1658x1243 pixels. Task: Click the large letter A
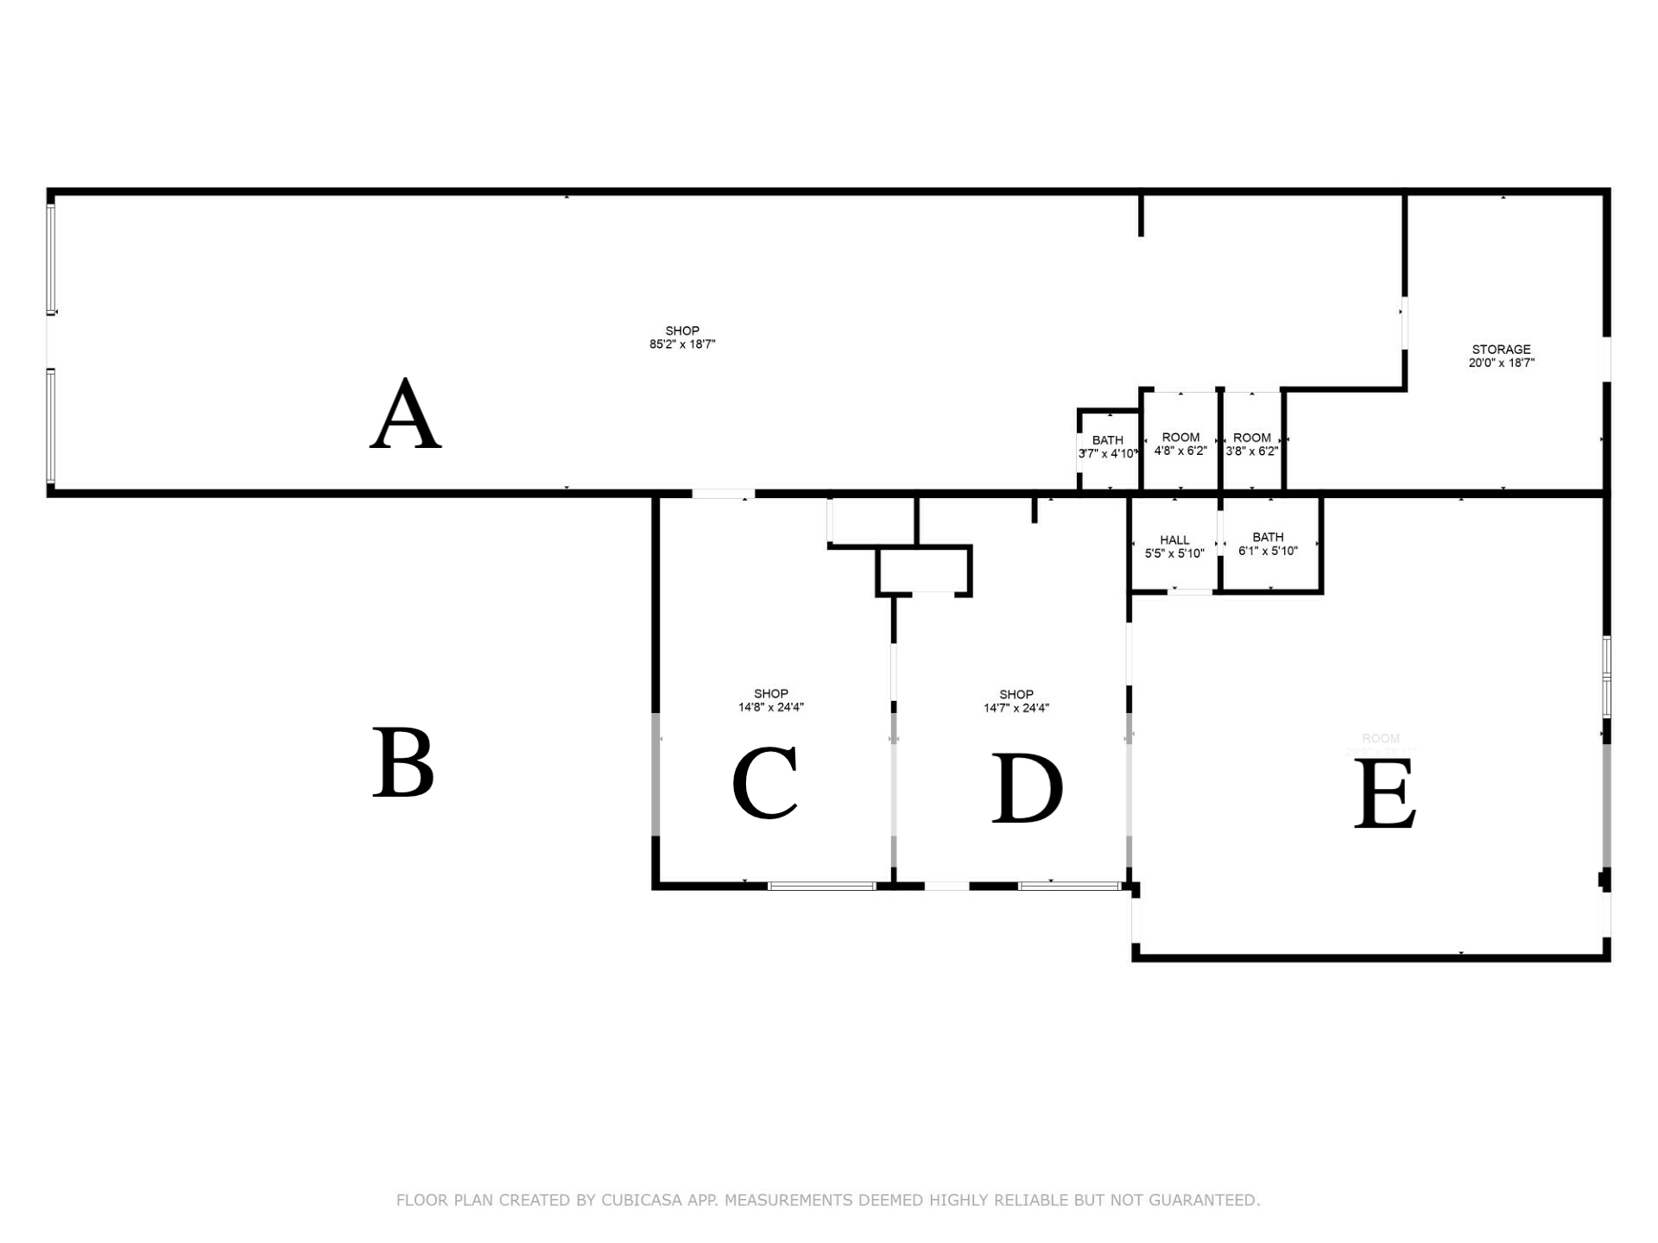[406, 416]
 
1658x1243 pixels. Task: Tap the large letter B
[402, 763]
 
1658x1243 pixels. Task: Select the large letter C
[765, 784]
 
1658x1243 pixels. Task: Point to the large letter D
[1027, 789]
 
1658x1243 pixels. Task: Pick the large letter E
[1384, 794]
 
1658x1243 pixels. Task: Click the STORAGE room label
[1501, 350]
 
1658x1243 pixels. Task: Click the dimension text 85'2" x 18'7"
[682, 344]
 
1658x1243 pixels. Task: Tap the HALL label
[1174, 540]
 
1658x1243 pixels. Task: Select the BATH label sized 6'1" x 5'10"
[1268, 537]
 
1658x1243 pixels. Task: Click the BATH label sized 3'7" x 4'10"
[1107, 440]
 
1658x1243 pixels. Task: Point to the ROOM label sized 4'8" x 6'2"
[1180, 438]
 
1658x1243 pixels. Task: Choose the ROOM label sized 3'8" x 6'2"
[1252, 438]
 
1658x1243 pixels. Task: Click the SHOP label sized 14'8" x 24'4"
[770, 694]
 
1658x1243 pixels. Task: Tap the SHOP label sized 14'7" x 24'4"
[1016, 695]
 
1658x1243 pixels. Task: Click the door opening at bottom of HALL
[1191, 592]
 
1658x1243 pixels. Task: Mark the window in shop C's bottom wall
[821, 886]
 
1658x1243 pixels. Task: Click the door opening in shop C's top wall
[723, 494]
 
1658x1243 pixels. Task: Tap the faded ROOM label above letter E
[1380, 738]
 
